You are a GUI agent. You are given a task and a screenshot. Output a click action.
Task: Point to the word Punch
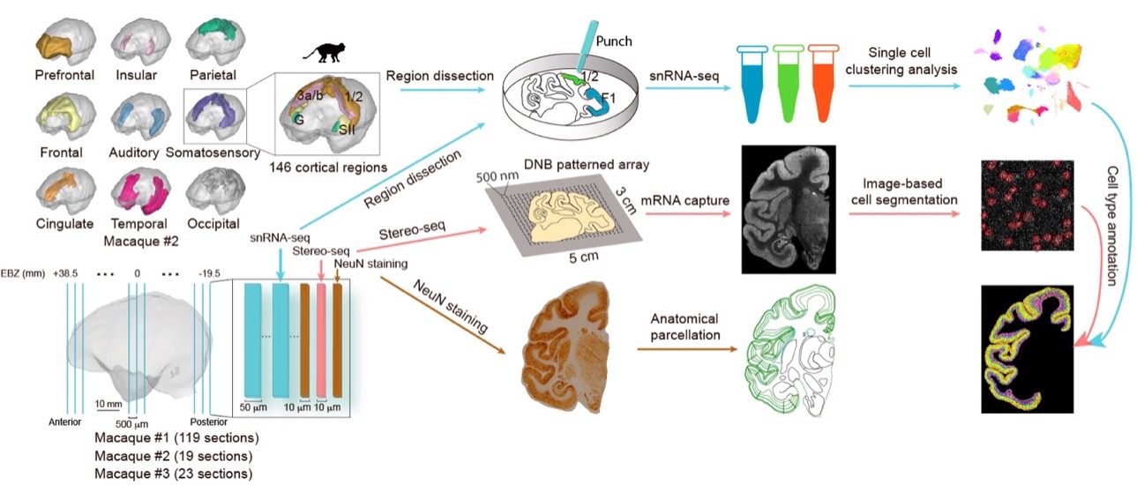point(615,41)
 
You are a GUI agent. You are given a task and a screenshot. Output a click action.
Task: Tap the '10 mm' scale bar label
point(110,404)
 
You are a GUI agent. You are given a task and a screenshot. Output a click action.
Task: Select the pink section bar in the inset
point(321,343)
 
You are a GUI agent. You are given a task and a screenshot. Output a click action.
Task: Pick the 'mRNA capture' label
point(691,201)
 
